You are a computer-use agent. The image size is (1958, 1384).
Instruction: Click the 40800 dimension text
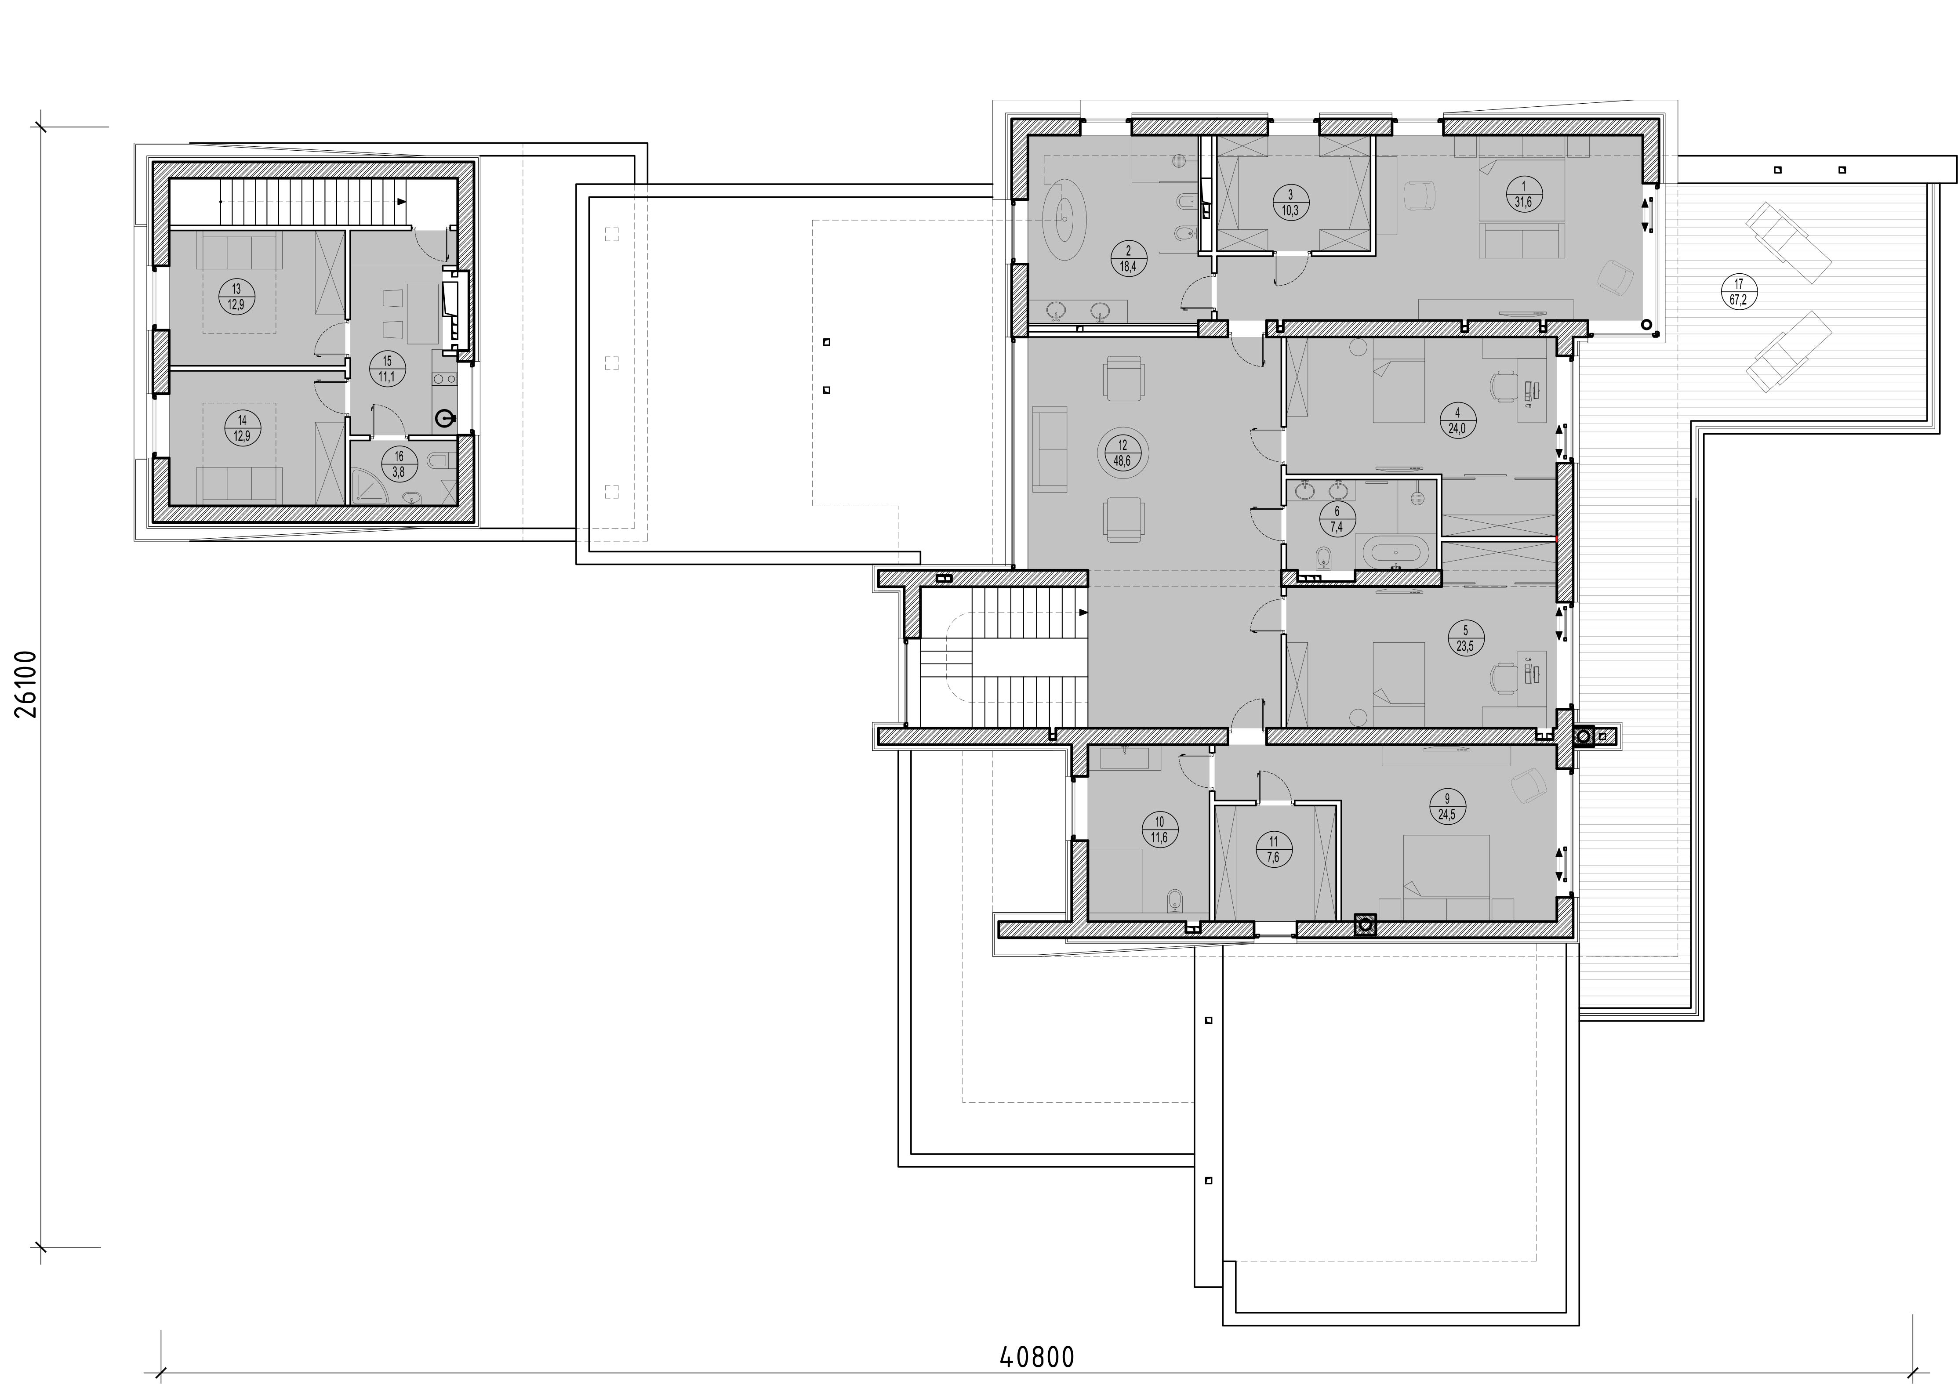pyautogui.click(x=1036, y=1357)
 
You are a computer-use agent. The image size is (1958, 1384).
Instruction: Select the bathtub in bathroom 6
pyautogui.click(x=1389, y=552)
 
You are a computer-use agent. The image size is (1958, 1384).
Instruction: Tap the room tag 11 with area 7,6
pyautogui.click(x=1273, y=850)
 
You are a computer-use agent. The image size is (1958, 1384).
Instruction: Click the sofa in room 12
pyautogui.click(x=1050, y=449)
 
